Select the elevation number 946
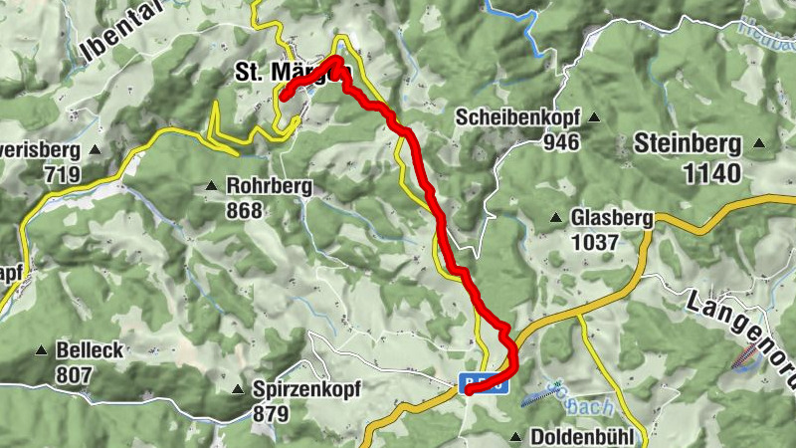[x=561, y=141]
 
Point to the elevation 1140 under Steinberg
[x=711, y=174]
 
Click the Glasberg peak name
[x=611, y=218]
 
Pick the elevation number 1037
[x=595, y=242]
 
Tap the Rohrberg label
[x=269, y=186]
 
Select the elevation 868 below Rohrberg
[x=244, y=210]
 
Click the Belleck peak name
[x=90, y=350]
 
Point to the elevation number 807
[x=75, y=375]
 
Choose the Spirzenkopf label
[x=306, y=389]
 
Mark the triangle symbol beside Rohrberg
[x=211, y=186]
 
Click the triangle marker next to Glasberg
[x=555, y=217]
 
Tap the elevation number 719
[x=62, y=174]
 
